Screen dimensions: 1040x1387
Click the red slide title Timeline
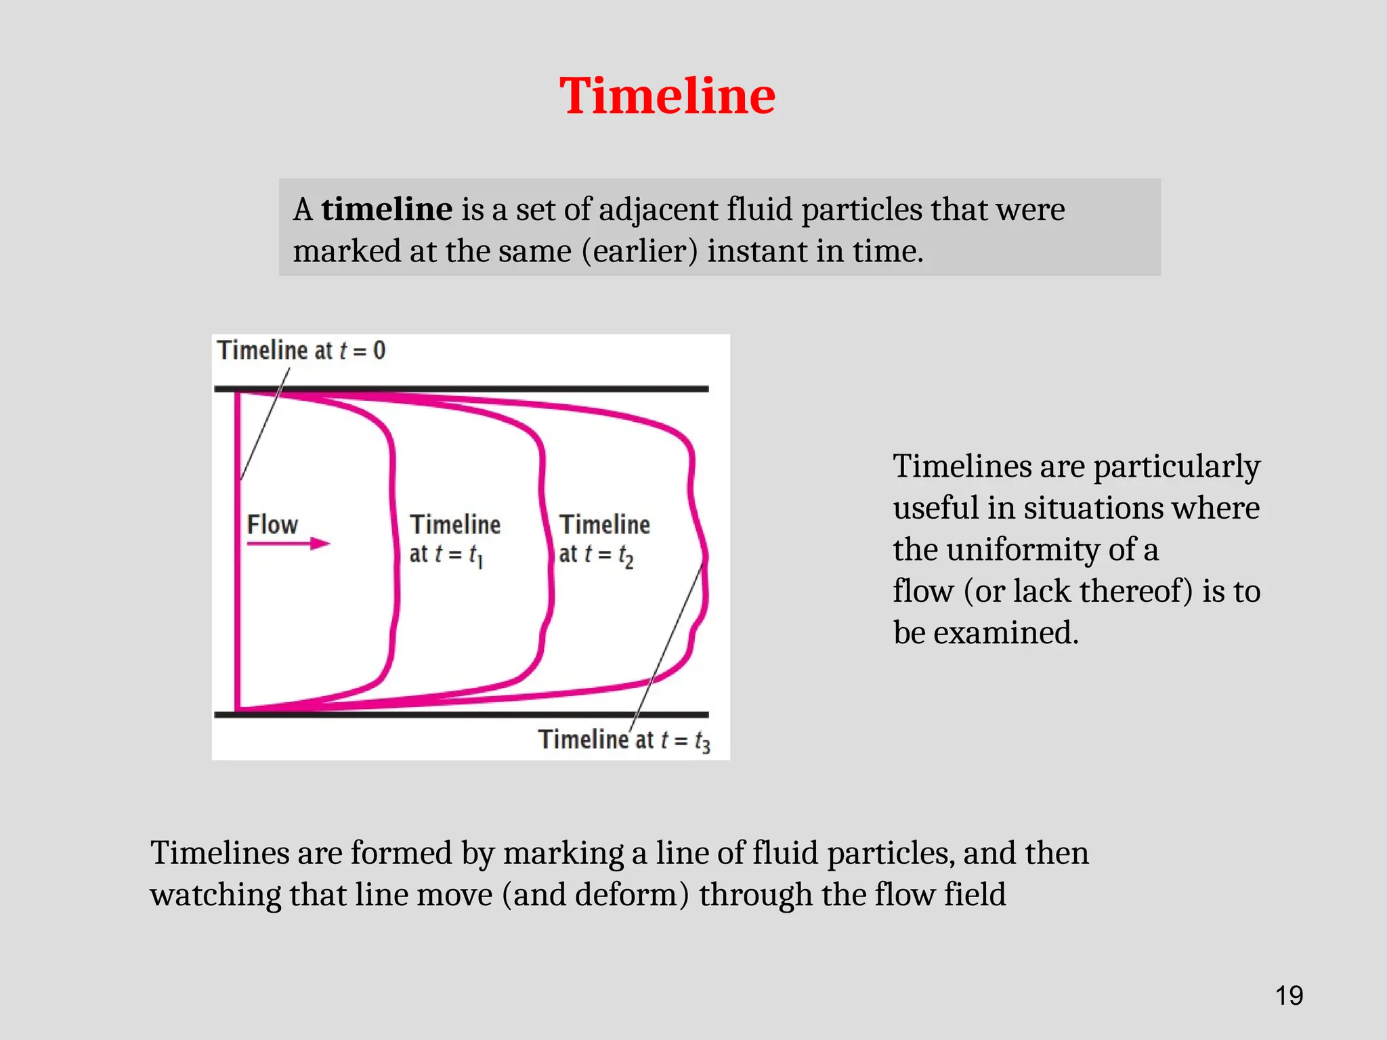[x=667, y=96]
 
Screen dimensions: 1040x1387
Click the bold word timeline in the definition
[x=387, y=209]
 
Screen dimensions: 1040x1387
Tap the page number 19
[x=1289, y=996]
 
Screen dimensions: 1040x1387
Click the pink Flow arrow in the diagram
[x=289, y=543]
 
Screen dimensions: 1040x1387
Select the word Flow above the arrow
[x=272, y=524]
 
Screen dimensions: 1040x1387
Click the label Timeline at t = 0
[x=301, y=350]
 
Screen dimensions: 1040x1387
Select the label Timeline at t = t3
[x=624, y=740]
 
